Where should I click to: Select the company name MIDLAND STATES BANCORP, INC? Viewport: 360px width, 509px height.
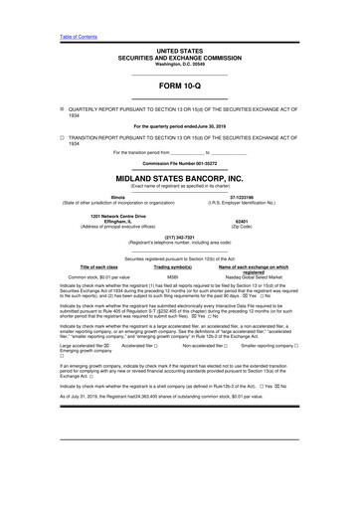pos(179,179)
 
